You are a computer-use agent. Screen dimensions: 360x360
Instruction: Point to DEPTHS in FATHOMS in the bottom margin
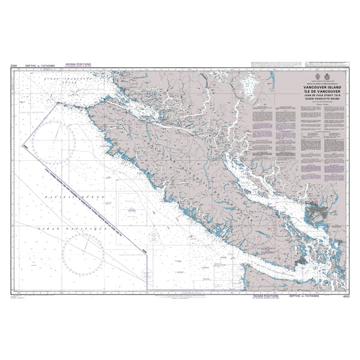pos(302,296)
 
